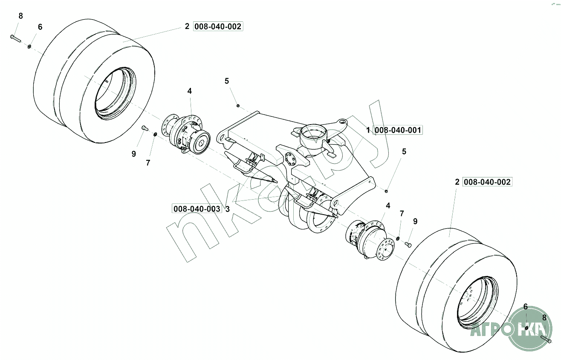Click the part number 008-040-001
coord(398,130)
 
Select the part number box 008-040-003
coord(197,209)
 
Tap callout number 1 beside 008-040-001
coord(368,130)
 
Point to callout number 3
coord(227,209)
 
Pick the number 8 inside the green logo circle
coord(544,317)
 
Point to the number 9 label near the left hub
coord(133,154)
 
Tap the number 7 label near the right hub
coord(401,213)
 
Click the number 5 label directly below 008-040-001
coord(404,151)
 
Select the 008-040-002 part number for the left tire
coord(218,26)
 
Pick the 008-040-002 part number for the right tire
coord(487,182)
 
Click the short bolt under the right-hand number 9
coord(408,244)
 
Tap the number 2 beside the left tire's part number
coord(187,26)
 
